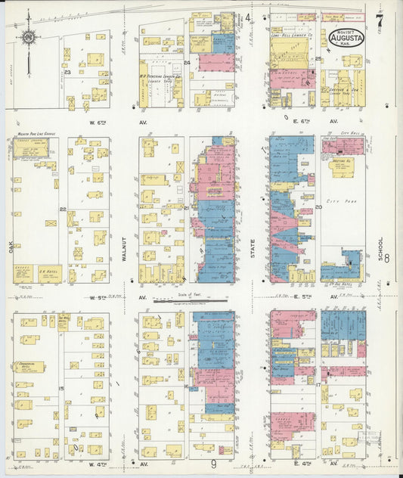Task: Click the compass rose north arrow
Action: point(29,36)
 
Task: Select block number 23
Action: point(67,72)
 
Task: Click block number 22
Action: point(64,210)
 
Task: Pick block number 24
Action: point(187,63)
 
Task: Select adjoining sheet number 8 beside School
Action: point(386,259)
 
